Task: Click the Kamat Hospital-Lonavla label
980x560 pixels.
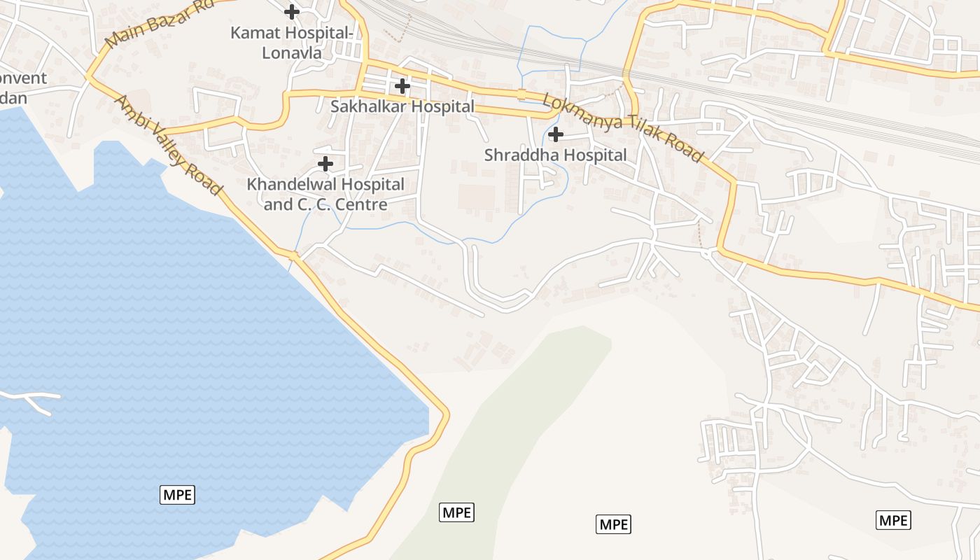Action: tap(291, 42)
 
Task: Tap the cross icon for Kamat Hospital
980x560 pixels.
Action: tap(292, 12)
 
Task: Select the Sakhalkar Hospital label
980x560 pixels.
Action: tap(402, 106)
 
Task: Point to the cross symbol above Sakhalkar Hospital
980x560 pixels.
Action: tap(402, 86)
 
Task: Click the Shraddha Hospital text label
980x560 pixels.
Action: tap(555, 155)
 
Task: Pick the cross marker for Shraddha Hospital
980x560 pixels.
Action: tap(556, 134)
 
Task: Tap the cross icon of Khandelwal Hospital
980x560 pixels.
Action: tap(325, 164)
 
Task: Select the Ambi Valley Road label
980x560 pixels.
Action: tap(169, 146)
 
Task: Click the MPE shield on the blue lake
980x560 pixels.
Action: tap(178, 495)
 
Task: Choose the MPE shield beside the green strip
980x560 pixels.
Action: tap(456, 512)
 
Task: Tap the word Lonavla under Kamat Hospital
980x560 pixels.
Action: tap(291, 52)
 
